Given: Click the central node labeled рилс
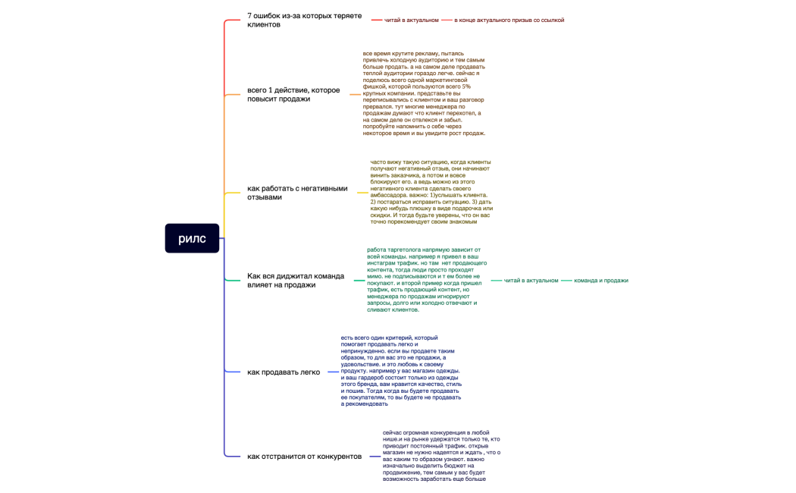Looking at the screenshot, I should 192,238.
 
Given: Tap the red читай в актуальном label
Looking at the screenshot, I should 411,20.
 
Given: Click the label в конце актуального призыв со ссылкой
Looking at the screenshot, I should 509,20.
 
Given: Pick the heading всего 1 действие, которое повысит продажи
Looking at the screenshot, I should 293,95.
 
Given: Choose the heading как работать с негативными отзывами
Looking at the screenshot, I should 297,193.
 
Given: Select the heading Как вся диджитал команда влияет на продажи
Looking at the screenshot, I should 296,280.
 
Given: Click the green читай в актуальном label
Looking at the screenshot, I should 531,281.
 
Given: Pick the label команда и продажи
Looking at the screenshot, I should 600,281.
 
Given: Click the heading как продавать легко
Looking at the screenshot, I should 284,372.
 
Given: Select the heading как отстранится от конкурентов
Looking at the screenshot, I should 304,456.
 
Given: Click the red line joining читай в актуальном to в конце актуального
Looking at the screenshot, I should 447,20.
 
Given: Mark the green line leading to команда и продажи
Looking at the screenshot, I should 566,281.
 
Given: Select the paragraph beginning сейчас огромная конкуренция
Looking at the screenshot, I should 440,455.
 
